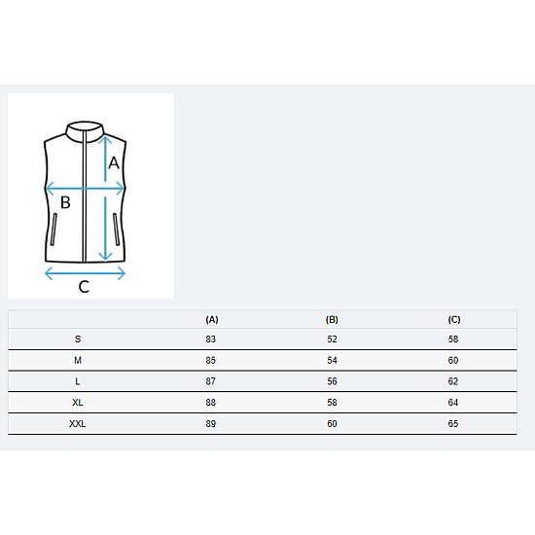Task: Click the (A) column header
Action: tap(212, 320)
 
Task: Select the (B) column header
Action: tap(332, 320)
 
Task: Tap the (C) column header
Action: tap(454, 320)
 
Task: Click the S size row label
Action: tap(78, 339)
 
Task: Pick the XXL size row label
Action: tap(78, 424)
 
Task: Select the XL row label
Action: tap(78, 403)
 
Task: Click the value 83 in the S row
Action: tap(210, 339)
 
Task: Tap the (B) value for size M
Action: tap(332, 360)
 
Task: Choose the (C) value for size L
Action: tap(453, 381)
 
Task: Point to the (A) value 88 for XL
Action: tap(210, 403)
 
